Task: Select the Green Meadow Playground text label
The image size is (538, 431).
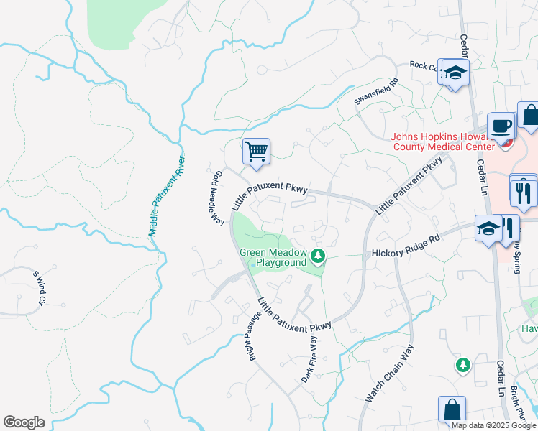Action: point(273,257)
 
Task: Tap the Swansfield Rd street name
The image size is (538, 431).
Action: point(376,93)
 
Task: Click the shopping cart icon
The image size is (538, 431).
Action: point(256,152)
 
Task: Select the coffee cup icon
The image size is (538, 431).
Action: point(501,126)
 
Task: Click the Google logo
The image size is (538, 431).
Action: point(24,422)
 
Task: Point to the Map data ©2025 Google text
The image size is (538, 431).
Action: point(493,425)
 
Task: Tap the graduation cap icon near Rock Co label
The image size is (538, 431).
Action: point(455,73)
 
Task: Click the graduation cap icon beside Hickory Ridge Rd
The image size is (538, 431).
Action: point(488,229)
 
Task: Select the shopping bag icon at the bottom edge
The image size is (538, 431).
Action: point(452,409)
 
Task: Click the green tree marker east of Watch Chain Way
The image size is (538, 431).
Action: point(463,365)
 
